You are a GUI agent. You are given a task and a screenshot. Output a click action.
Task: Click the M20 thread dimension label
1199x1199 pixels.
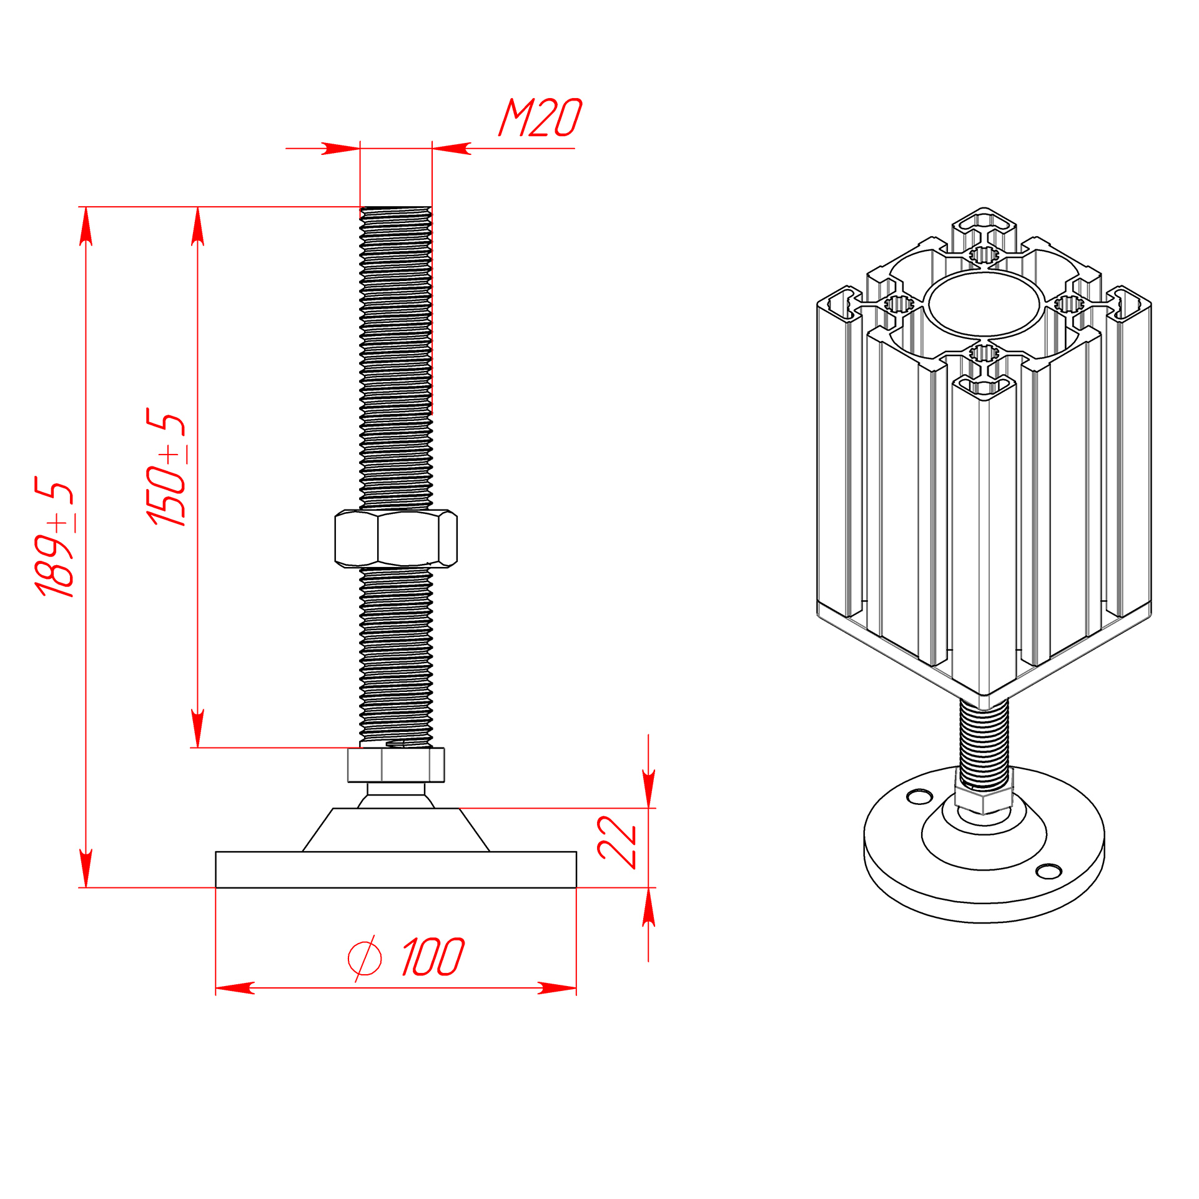540,117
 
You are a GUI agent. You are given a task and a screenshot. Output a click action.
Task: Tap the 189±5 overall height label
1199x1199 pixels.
54,537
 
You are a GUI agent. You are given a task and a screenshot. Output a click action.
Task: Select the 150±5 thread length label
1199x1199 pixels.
166,467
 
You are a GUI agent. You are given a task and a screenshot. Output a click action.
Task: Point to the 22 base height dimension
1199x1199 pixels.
616,842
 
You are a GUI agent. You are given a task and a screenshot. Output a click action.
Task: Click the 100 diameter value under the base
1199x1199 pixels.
433,957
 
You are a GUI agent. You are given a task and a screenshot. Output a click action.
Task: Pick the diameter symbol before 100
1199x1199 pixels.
365,958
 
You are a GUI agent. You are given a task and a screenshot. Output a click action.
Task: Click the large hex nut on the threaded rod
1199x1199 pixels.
396,538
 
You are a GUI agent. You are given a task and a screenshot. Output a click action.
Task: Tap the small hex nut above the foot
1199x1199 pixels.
396,764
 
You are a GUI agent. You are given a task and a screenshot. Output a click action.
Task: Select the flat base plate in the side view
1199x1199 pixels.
396,869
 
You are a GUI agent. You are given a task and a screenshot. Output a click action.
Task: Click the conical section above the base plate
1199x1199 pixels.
396,830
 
